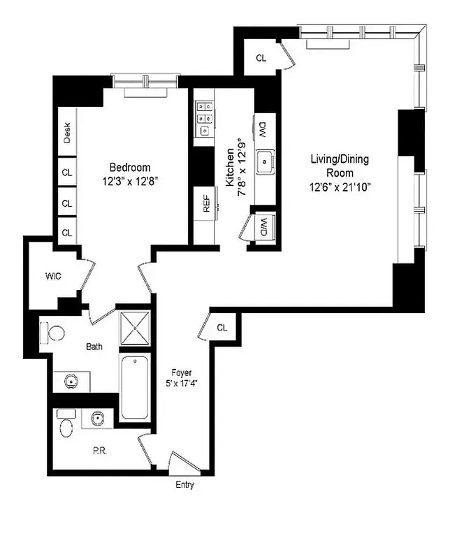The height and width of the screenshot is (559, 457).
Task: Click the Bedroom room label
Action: pyautogui.click(x=130, y=168)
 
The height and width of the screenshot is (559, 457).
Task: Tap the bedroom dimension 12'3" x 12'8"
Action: pyautogui.click(x=130, y=180)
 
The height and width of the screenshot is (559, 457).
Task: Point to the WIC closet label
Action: pyautogui.click(x=54, y=275)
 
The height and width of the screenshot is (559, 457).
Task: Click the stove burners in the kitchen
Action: pyautogui.click(x=204, y=118)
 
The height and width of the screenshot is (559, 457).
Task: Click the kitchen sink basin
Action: pyautogui.click(x=265, y=163)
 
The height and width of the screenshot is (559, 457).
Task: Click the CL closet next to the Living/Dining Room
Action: pyautogui.click(x=261, y=59)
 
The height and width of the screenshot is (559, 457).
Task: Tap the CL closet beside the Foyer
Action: pyautogui.click(x=222, y=327)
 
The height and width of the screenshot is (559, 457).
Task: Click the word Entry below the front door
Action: pyautogui.click(x=184, y=485)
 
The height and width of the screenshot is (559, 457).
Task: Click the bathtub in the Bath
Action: pyautogui.click(x=135, y=387)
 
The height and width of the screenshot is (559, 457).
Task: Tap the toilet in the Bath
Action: pyautogui.click(x=52, y=331)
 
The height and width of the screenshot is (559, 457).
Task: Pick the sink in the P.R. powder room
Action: pyautogui.click(x=96, y=419)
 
